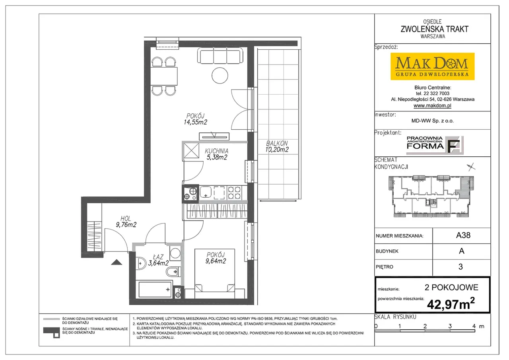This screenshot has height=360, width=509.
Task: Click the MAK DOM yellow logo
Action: [432, 66]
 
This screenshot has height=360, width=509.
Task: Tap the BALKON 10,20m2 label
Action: [277, 147]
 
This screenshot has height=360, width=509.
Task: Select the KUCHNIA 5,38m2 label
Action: [217, 154]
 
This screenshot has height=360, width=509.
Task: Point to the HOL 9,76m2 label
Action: [126, 222]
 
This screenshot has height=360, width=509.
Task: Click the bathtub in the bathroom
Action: [155, 289]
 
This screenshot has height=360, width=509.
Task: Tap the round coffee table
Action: [220, 76]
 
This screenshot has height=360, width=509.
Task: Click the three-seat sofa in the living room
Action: [220, 55]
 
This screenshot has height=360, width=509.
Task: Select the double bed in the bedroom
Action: [214, 274]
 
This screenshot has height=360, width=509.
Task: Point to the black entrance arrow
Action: [117, 262]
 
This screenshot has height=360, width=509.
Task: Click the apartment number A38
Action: [463, 235]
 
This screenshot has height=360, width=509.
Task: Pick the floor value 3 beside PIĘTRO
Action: [460, 267]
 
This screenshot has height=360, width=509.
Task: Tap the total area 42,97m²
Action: [451, 304]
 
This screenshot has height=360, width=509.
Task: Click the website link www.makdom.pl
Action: [432, 105]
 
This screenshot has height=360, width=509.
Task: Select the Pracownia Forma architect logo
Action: [435, 145]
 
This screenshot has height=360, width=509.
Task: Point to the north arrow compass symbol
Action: [471, 167]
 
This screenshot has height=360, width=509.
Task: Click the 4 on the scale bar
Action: [474, 326]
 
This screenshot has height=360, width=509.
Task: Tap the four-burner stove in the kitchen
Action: [234, 193]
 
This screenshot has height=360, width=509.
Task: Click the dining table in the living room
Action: [163, 76]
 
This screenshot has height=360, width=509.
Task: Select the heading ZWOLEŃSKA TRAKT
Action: [435, 29]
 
